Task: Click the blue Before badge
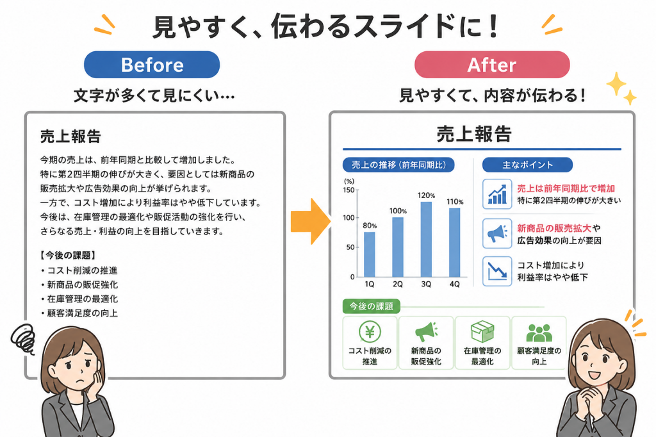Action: tap(152, 65)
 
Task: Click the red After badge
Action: tap(492, 65)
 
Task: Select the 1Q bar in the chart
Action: tap(370, 254)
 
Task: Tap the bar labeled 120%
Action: tap(426, 240)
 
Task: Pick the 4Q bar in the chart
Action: tap(454, 243)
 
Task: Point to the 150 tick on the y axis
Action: tap(348, 190)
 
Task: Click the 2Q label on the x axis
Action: tap(397, 284)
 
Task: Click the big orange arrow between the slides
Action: tap(311, 222)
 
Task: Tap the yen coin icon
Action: tap(370, 332)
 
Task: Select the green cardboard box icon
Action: tap(482, 332)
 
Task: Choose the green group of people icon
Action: tap(539, 333)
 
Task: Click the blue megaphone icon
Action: tap(497, 234)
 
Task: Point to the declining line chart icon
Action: tap(497, 271)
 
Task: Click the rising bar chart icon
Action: tap(497, 194)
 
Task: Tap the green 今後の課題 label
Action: tap(371, 306)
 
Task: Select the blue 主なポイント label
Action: tap(527, 165)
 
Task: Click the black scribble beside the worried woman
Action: tap(24, 338)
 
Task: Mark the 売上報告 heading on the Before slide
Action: tap(70, 136)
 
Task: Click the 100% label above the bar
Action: tap(398, 211)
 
